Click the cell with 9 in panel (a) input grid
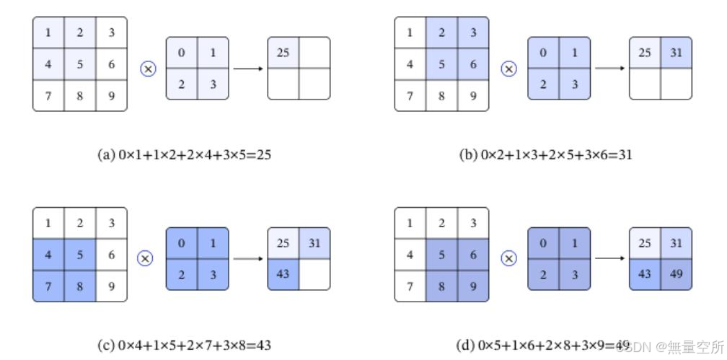click(x=111, y=95)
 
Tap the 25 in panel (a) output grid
click(x=283, y=53)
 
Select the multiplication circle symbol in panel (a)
click(x=148, y=69)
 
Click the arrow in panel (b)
click(x=609, y=69)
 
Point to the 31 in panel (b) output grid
click(x=676, y=53)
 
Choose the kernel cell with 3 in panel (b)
click(x=574, y=84)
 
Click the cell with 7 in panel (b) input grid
click(x=410, y=95)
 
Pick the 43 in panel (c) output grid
click(x=283, y=275)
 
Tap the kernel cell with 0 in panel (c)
click(x=181, y=243)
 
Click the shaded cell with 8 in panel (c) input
click(x=80, y=286)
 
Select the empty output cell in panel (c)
click(x=314, y=275)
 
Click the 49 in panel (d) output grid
click(x=676, y=275)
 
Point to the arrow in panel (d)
click(x=609, y=258)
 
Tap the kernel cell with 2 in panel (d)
click(x=543, y=275)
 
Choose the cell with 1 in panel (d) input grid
click(x=410, y=223)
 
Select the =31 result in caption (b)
click(x=620, y=154)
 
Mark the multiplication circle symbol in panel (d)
click(x=509, y=258)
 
